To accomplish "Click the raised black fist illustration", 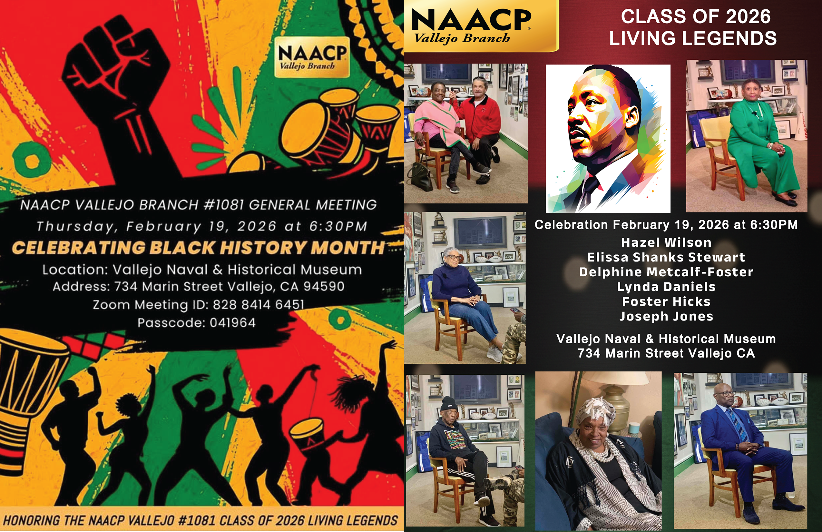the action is point(114,79).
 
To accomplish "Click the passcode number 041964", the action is point(232,323).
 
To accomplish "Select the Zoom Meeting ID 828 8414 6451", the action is point(258,304).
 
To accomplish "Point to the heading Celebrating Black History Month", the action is point(198,247).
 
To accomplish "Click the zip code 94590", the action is point(324,286).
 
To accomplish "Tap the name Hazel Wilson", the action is point(666,242).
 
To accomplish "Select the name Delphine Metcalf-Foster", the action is point(666,272).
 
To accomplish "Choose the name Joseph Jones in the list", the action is point(666,316).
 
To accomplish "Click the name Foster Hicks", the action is point(666,301).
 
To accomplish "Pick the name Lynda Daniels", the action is point(666,287).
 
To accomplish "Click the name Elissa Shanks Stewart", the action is point(666,257).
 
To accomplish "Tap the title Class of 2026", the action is point(696,16).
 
